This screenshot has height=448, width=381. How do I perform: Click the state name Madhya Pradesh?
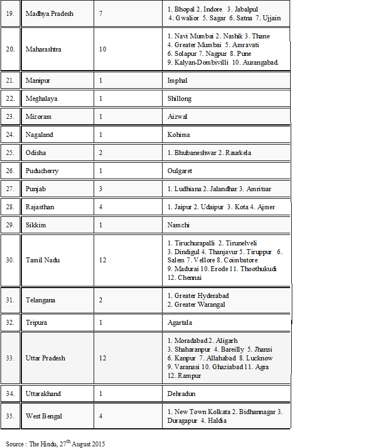(49, 13)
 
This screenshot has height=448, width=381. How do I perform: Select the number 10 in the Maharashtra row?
(103, 49)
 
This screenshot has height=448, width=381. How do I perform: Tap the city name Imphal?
(177, 81)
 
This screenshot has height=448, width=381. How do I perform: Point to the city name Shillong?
(180, 99)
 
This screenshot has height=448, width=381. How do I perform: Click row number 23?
(9, 117)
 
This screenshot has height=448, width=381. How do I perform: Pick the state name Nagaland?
(39, 135)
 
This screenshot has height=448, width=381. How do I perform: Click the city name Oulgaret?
(180, 171)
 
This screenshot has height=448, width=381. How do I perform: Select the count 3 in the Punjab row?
(101, 189)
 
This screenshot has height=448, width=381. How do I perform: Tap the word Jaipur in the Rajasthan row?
(184, 207)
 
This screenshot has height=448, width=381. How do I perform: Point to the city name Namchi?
(179, 225)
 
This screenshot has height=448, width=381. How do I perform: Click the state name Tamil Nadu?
(43, 260)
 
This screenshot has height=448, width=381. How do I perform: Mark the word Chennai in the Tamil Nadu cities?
(189, 278)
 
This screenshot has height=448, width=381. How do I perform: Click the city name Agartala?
(180, 323)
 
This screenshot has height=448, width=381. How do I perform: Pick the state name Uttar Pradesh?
(45, 358)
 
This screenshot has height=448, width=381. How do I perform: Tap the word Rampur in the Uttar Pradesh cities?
(189, 376)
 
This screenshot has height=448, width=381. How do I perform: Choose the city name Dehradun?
(181, 394)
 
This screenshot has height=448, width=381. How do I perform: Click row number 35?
(9, 416)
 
